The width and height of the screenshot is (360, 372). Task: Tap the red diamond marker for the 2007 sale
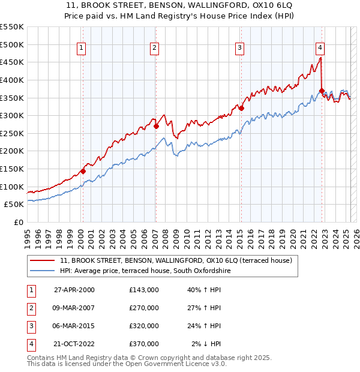pos(156,126)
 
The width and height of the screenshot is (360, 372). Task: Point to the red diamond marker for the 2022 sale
pos(322,91)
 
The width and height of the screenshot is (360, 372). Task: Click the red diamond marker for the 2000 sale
pos(83,171)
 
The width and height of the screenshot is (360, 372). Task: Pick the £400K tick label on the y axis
pos(12,80)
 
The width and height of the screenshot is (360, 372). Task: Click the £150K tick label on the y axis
pos(12,169)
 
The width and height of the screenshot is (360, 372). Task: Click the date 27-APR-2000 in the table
pos(74,290)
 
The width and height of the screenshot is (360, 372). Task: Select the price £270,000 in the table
pos(144,308)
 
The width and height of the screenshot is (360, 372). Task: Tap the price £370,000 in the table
pos(144,344)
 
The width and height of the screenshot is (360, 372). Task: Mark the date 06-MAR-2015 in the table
pos(74,326)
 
